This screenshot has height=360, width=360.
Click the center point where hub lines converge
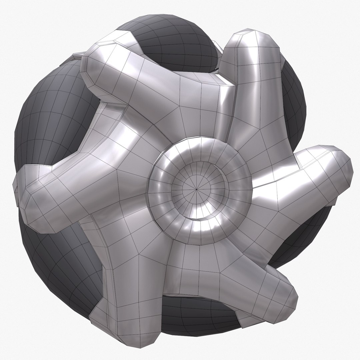(x=197, y=189)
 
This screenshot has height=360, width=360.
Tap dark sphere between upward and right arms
(x=293, y=100)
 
